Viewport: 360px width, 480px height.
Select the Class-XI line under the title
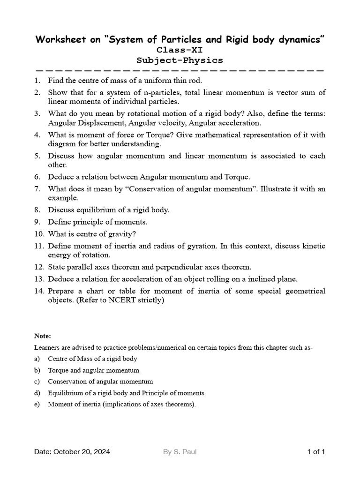pyautogui.click(x=180, y=50)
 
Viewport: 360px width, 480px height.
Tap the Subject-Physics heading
pyautogui.click(x=180, y=60)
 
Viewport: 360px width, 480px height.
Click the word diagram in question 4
pyautogui.click(x=61, y=144)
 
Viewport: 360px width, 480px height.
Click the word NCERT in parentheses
pyautogui.click(x=113, y=300)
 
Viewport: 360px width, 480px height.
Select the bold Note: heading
pyautogui.click(x=43, y=336)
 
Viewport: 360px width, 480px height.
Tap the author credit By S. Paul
pyautogui.click(x=180, y=452)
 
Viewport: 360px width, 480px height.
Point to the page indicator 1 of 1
pyautogui.click(x=316, y=452)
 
